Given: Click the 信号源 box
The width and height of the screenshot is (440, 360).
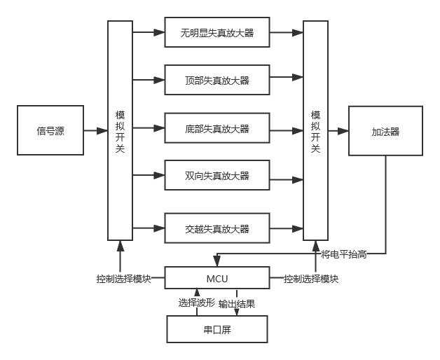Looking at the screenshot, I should tap(50, 130).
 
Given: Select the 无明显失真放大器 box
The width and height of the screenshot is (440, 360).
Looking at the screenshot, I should tap(217, 32).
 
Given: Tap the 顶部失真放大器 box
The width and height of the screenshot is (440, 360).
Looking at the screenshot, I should tap(217, 81).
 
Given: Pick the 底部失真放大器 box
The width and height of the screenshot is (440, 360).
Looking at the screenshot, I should tap(217, 129).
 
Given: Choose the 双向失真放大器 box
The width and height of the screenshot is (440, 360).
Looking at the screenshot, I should tap(217, 175).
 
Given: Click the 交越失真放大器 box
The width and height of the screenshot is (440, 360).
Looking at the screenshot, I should tap(217, 228).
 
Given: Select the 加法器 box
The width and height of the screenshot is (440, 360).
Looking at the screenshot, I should tap(385, 131).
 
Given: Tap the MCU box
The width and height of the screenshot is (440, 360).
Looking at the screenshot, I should tap(217, 278).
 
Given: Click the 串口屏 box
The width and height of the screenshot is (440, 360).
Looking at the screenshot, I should tap(217, 328).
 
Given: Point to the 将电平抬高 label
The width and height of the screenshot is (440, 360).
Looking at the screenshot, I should tap(343, 254).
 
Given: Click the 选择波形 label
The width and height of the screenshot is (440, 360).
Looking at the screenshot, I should tap(197, 303).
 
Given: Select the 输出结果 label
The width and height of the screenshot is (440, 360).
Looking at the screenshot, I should tap(237, 303).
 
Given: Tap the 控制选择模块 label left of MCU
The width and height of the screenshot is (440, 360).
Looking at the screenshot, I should tap(124, 278).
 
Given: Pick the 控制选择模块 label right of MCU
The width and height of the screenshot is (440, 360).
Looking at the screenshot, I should tap(311, 278).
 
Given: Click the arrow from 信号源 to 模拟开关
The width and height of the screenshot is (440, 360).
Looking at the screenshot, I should tap(95, 130).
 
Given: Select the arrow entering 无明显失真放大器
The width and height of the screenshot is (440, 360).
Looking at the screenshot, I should tap(148, 32).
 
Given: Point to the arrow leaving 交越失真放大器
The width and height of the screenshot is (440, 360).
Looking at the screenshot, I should tap(286, 228).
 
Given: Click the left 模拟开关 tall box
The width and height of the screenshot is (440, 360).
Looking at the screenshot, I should tap(120, 130).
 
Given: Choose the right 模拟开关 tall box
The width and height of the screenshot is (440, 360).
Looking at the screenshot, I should tap(315, 130).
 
